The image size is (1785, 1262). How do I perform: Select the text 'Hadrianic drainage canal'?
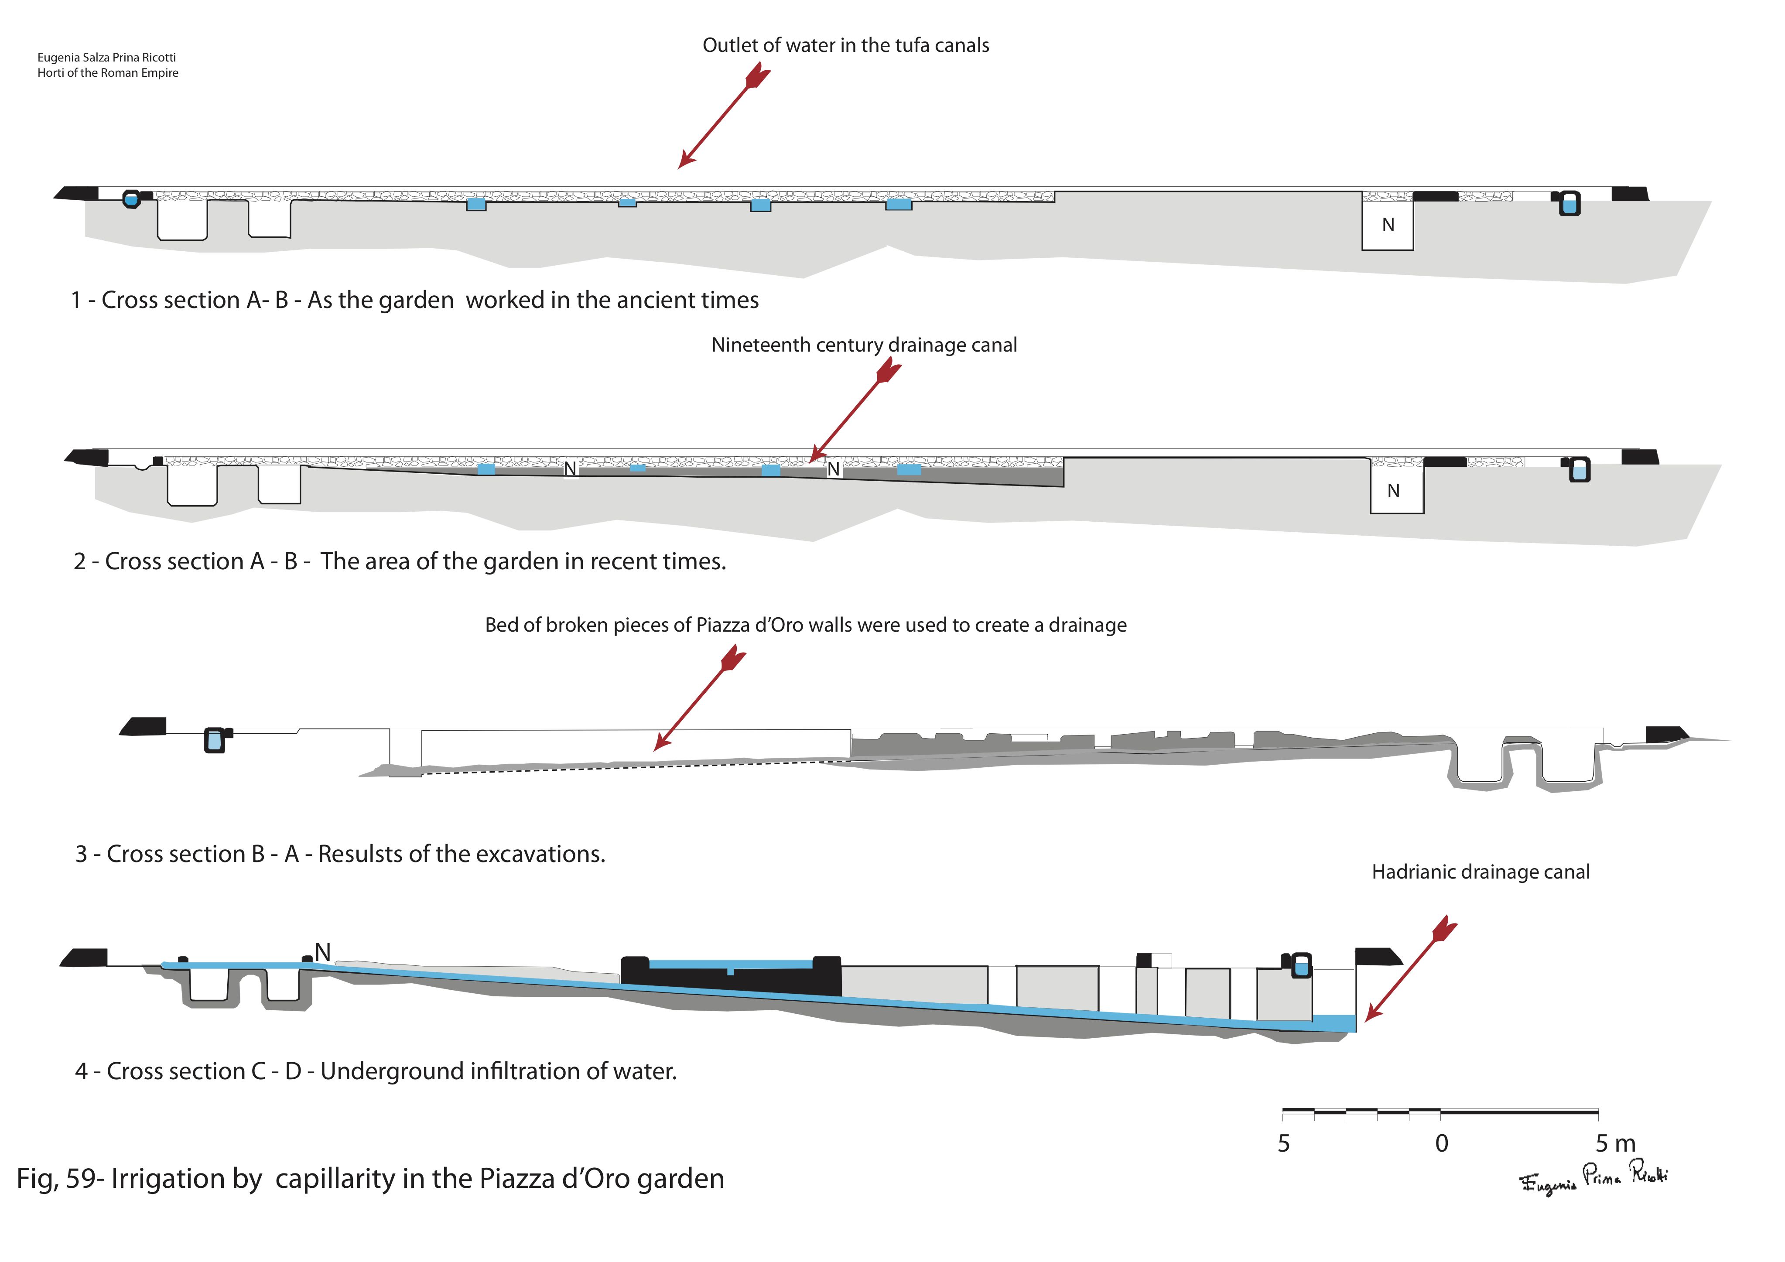[1480, 872]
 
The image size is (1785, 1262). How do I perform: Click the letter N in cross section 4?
[323, 952]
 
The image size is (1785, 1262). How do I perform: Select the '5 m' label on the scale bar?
[1615, 1143]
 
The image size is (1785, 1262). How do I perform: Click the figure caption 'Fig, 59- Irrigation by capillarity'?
[370, 1178]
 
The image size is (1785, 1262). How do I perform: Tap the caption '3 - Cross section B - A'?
[340, 854]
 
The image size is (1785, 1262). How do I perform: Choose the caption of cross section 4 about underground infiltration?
[376, 1071]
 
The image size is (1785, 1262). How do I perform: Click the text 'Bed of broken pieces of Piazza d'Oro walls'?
[805, 625]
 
